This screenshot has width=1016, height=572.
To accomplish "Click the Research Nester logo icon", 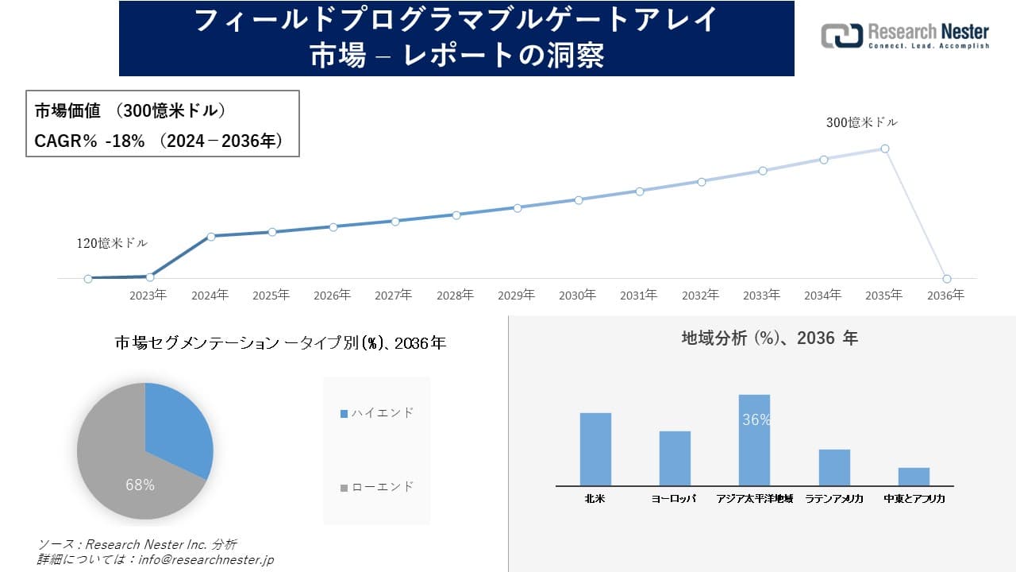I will (842, 36).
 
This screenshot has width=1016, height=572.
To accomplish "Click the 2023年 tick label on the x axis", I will (148, 295).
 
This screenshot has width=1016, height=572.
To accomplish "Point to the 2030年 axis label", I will (577, 295).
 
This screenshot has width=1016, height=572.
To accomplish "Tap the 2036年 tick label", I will (945, 295).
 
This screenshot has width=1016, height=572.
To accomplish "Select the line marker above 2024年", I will (211, 236).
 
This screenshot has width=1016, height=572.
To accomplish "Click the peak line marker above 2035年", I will (885, 149).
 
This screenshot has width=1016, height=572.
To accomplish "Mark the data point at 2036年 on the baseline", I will (946, 279).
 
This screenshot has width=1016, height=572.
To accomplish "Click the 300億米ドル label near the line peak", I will (861, 122).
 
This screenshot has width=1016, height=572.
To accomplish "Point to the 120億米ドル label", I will (112, 243).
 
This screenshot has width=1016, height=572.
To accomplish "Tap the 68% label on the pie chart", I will (140, 485).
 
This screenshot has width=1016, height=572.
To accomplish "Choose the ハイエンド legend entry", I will (377, 413).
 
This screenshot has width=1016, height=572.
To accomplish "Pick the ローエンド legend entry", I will (377, 486).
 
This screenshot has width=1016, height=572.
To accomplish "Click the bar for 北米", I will (595, 449).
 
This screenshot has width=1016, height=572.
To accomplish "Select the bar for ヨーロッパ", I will (675, 458).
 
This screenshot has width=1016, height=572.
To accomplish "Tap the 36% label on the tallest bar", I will (756, 420).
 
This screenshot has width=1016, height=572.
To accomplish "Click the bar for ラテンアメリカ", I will (834, 467).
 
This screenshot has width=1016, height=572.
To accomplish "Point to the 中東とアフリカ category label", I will (914, 499).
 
